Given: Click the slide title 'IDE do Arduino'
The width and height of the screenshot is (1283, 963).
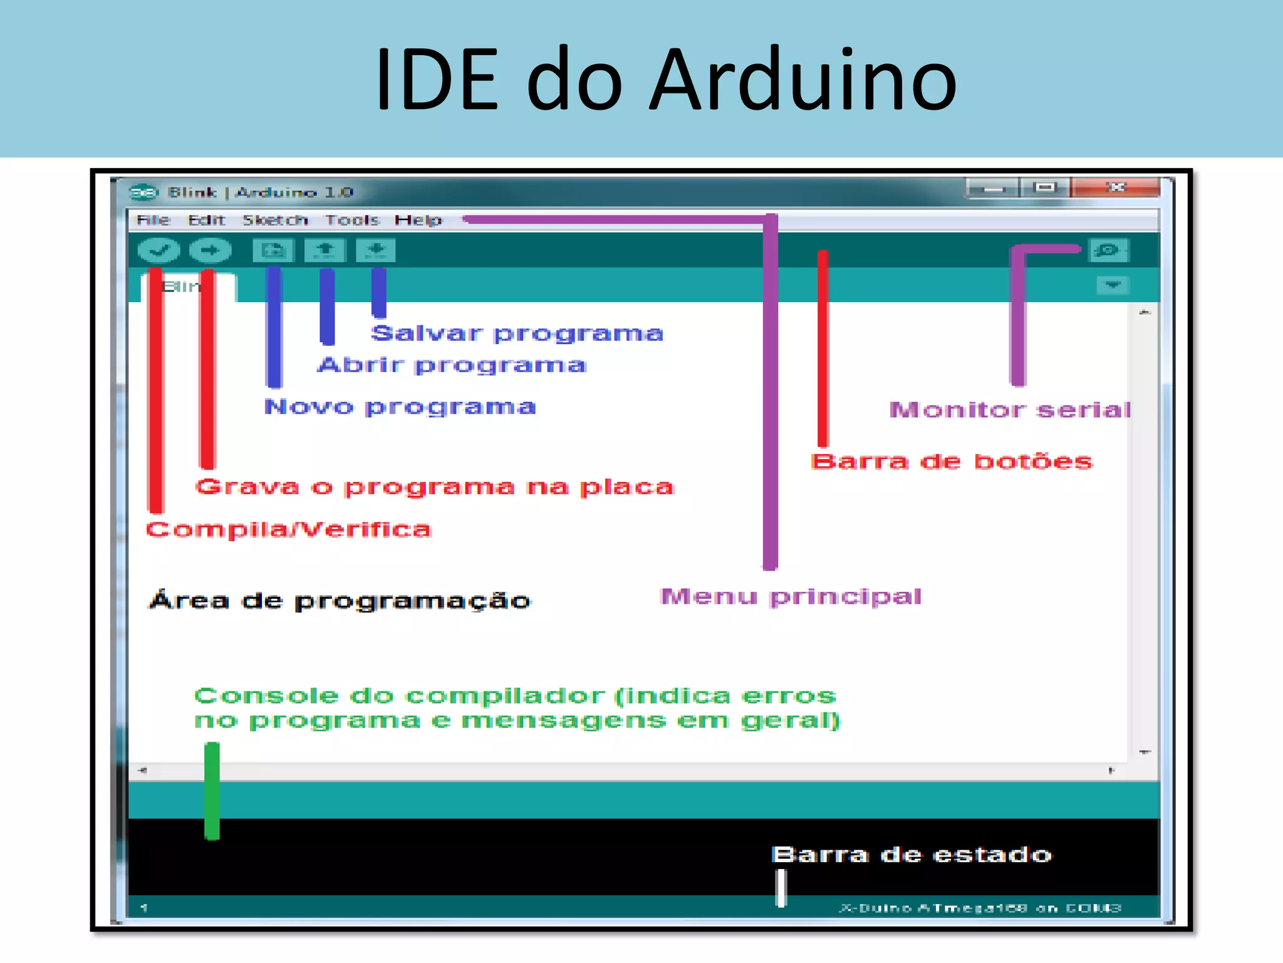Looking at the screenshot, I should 665,80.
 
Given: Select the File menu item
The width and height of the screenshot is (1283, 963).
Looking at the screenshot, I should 153,220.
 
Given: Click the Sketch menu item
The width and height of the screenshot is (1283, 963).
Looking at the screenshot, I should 275,220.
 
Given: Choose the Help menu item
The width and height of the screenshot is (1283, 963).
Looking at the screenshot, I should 418,220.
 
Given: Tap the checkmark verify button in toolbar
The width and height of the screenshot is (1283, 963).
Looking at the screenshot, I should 158,251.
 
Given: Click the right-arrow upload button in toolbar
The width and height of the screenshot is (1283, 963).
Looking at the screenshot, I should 210,251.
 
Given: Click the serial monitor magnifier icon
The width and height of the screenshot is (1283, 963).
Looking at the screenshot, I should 1107,250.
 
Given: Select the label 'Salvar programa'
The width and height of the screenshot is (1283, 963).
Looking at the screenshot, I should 517,333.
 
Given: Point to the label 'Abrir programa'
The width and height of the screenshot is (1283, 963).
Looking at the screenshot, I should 452,365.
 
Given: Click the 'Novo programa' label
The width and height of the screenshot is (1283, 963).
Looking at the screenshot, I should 400,407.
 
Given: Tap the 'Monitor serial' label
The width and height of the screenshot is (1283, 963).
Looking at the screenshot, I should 1010,410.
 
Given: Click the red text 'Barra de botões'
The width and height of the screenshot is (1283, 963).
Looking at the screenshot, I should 951,461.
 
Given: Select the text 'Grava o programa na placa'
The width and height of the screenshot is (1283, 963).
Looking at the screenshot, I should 434,487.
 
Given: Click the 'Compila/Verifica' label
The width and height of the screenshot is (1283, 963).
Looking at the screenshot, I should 289,530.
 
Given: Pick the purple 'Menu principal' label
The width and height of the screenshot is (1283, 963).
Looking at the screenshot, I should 791,596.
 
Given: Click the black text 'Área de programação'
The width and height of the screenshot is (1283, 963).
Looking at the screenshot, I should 340,601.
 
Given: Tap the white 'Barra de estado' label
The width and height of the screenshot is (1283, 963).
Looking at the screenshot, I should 911,855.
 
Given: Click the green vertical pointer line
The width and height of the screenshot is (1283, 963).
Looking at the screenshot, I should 212,791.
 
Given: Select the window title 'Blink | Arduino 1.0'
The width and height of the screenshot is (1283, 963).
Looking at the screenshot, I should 261,192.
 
